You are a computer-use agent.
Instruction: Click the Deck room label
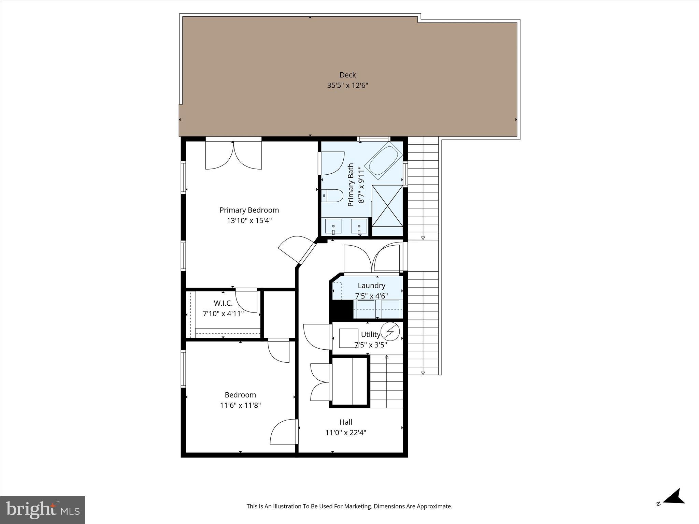[347, 75]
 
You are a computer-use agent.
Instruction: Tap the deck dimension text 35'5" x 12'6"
[347, 86]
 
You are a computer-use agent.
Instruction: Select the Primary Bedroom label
[249, 210]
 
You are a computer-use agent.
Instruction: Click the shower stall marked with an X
[387, 206]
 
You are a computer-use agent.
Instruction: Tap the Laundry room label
[371, 286]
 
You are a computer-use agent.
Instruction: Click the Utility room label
[370, 335]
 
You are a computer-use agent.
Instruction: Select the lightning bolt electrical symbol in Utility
[390, 331]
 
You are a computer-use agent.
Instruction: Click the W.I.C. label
[223, 303]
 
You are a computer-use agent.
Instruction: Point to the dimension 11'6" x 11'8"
[240, 405]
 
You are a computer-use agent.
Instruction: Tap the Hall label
[346, 422]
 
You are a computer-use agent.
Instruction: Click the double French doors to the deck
[233, 156]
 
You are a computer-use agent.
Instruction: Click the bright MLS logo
[43, 510]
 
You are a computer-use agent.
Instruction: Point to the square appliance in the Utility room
[348, 338]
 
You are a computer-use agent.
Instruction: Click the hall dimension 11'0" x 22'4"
[346, 433]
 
